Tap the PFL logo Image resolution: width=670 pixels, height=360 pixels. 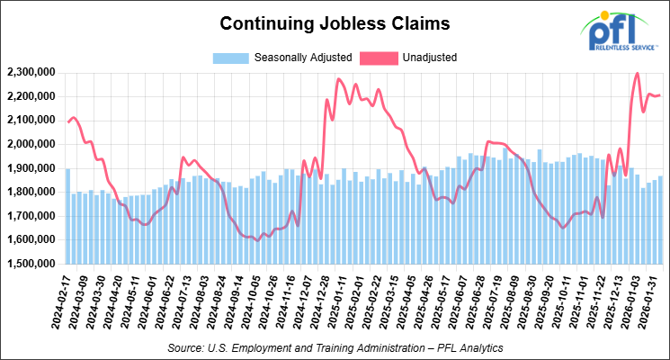click(x=617, y=31)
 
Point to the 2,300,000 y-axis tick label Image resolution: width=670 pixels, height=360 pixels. click(x=31, y=72)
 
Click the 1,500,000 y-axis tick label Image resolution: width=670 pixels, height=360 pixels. click(x=31, y=265)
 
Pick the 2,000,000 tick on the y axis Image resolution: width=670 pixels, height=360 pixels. click(x=31, y=144)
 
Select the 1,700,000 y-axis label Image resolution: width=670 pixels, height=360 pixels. click(x=31, y=216)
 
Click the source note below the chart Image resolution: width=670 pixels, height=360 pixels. click(x=335, y=346)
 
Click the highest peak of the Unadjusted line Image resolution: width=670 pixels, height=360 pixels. click(x=638, y=74)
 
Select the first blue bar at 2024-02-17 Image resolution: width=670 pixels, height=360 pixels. click(x=67, y=216)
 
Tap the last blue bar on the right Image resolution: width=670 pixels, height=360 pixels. click(x=662, y=220)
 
